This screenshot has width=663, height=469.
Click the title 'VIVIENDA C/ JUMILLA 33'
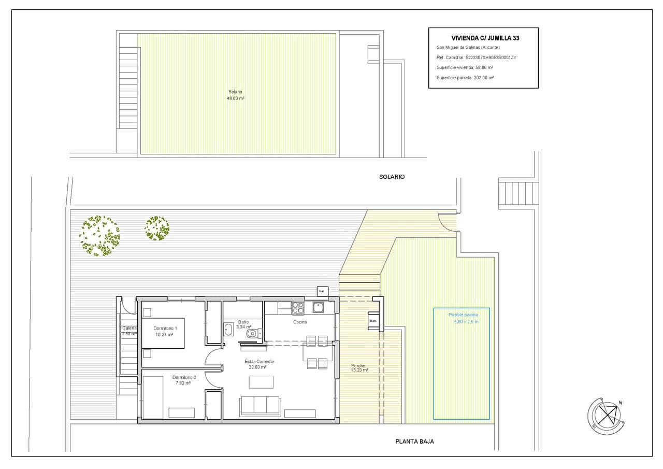(x=485, y=38)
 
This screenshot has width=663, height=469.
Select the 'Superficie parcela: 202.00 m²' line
(x=465, y=77)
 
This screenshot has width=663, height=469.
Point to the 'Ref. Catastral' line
(x=476, y=58)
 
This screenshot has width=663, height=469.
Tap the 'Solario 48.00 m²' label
(x=236, y=95)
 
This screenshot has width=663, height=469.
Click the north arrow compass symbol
(x=604, y=415)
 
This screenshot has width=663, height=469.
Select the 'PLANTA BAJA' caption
(x=414, y=442)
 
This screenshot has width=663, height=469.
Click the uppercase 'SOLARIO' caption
(x=392, y=177)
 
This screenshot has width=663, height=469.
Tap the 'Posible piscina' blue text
(x=463, y=315)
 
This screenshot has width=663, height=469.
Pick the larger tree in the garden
(x=99, y=236)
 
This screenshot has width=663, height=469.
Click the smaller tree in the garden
(x=157, y=228)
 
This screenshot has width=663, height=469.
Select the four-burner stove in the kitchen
(x=298, y=308)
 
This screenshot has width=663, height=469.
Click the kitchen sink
(x=318, y=307)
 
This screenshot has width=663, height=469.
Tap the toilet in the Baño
(x=252, y=334)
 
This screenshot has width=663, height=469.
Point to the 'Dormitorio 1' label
(x=165, y=328)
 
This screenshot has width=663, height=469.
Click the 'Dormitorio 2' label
(x=184, y=377)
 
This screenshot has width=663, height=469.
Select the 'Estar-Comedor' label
(x=260, y=361)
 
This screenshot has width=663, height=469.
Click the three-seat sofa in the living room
(x=260, y=405)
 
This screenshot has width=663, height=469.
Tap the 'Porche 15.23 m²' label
(x=359, y=367)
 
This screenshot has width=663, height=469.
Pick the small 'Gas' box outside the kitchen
(x=322, y=291)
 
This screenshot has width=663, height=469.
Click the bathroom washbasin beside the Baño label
(x=228, y=329)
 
